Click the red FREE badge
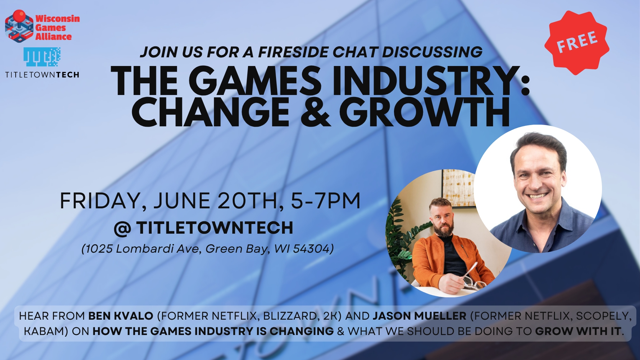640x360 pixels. pyautogui.click(x=577, y=43)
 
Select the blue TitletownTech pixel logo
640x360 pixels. pyautogui.click(x=42, y=57)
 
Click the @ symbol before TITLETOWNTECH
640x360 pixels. pyautogui.click(x=122, y=229)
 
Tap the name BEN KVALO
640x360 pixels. pyautogui.click(x=121, y=316)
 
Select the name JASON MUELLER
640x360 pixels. pyautogui.click(x=419, y=316)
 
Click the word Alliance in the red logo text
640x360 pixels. pyautogui.click(x=53, y=37)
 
